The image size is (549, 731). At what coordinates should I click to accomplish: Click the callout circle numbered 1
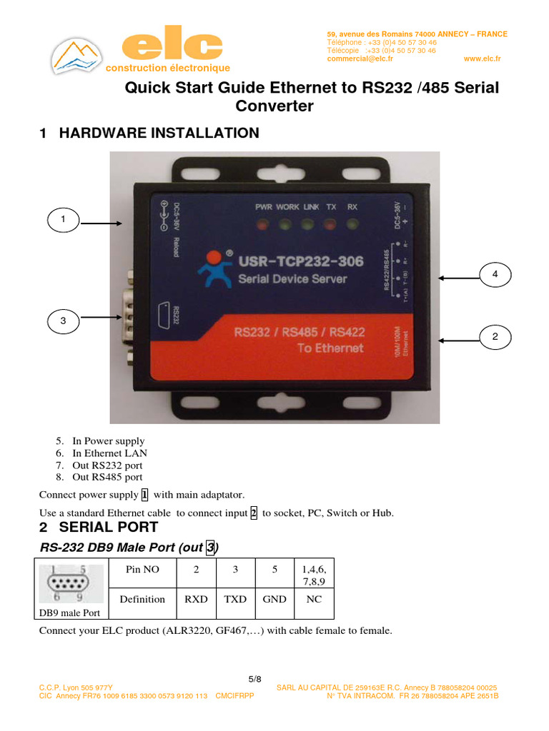pyautogui.click(x=63, y=220)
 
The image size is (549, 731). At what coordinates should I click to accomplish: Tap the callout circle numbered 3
pyautogui.click(x=63, y=322)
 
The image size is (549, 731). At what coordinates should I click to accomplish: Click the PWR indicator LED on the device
pyautogui.click(x=264, y=226)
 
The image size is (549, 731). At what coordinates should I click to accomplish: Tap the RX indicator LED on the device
pyautogui.click(x=352, y=226)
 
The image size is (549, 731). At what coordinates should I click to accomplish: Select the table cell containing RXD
pyautogui.click(x=196, y=599)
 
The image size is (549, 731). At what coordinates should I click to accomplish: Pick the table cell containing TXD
pyautogui.click(x=235, y=599)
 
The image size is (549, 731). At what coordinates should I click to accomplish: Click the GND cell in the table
pyautogui.click(x=274, y=599)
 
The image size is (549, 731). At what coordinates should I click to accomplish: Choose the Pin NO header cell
pyautogui.click(x=142, y=570)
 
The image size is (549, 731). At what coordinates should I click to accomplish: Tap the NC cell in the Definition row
pyautogui.click(x=314, y=599)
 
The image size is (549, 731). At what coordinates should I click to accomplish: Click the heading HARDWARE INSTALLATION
pyautogui.click(x=159, y=133)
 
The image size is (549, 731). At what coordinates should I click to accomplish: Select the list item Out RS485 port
pyautogui.click(x=107, y=477)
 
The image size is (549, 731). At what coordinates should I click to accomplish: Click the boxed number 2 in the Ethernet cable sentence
pyautogui.click(x=254, y=513)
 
